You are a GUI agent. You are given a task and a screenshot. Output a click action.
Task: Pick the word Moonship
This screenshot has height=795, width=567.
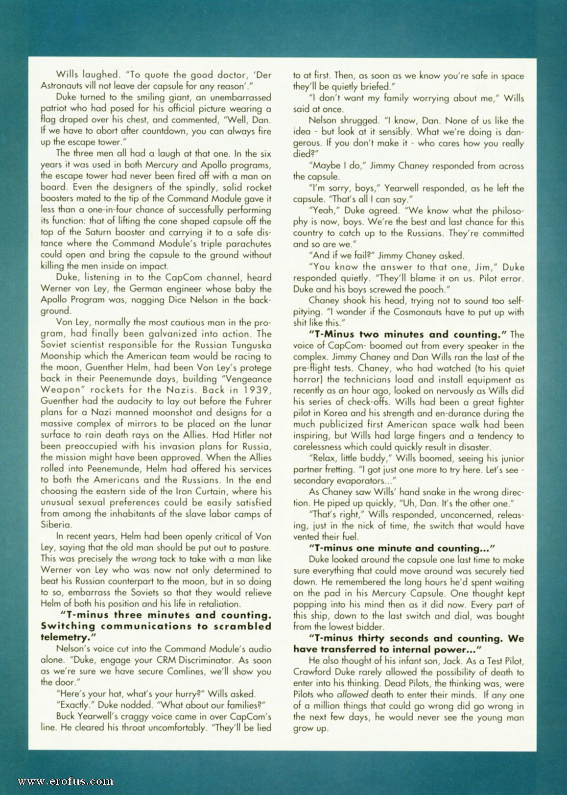coord(62,356)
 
